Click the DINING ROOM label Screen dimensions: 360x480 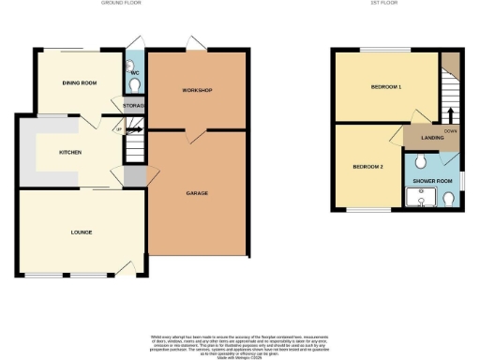click(x=80, y=83)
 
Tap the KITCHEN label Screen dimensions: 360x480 click(x=70, y=152)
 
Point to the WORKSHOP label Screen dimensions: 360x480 click(x=197, y=90)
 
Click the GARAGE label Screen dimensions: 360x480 click(x=197, y=193)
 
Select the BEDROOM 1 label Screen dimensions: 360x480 click(x=385, y=87)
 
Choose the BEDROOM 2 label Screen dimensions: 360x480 click(x=367, y=166)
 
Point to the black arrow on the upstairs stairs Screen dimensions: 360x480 click(x=450, y=114)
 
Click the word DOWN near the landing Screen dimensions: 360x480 click(x=451, y=131)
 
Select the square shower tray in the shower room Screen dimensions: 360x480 click(x=415, y=197)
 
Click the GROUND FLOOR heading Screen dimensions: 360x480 click(x=119, y=5)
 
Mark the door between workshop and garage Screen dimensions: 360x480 click(x=192, y=135)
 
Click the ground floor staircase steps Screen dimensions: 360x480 click(x=137, y=145)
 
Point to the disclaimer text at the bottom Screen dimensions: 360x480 click(x=239, y=342)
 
